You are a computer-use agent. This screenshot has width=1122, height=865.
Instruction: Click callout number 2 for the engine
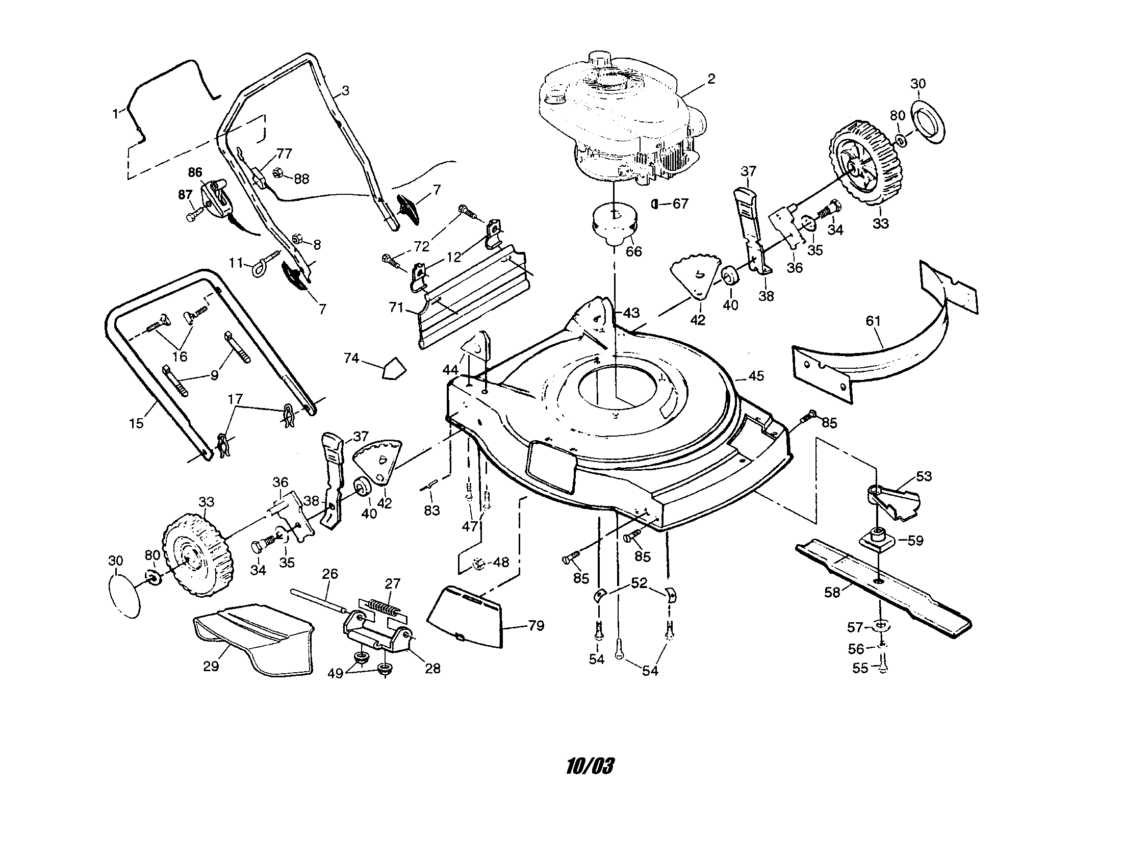click(711, 79)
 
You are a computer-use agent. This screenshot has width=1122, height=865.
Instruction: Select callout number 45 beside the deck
click(756, 376)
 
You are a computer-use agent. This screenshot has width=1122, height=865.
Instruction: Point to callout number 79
click(536, 626)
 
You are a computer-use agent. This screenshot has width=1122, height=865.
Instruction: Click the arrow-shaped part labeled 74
click(394, 368)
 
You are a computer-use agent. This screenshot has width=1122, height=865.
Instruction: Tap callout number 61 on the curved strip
click(873, 321)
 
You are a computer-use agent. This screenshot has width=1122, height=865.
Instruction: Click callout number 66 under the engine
click(633, 251)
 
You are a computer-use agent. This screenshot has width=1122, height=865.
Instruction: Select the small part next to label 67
click(654, 204)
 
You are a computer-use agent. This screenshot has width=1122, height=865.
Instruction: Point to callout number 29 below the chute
click(211, 666)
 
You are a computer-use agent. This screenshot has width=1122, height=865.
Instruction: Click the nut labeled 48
click(478, 564)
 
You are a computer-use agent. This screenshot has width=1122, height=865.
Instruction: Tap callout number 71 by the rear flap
click(396, 308)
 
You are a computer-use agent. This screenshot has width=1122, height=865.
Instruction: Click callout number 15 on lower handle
click(136, 423)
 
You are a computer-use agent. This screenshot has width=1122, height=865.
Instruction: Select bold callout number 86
click(195, 172)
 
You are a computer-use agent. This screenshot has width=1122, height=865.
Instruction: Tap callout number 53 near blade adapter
click(924, 476)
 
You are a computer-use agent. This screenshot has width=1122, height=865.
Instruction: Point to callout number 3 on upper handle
click(345, 91)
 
